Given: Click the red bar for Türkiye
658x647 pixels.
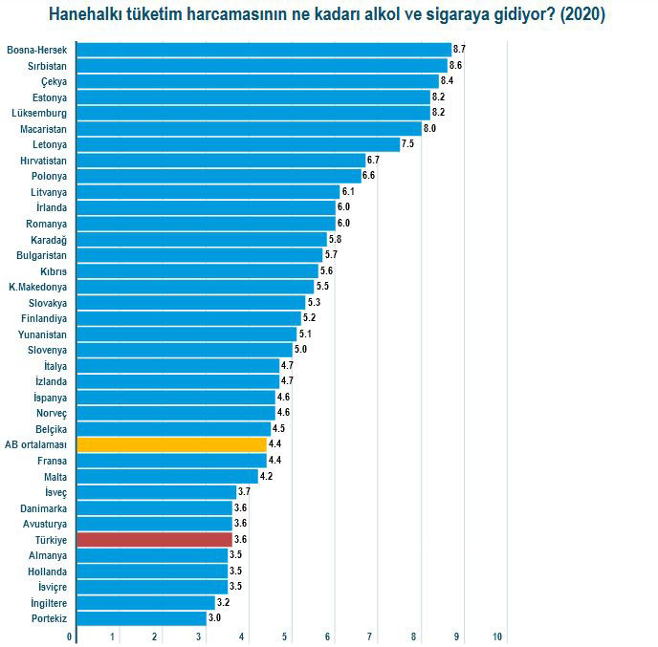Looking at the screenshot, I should pyautogui.click(x=153, y=539).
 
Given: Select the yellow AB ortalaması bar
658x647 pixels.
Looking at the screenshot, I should pyautogui.click(x=171, y=444).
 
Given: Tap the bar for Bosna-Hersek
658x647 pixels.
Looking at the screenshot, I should pyautogui.click(x=262, y=49).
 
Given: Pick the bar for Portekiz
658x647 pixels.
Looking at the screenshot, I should pyautogui.click(x=141, y=618).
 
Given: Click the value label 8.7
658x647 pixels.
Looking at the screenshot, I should pyautogui.click(x=459, y=49).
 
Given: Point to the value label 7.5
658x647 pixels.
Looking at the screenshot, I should pyautogui.click(x=407, y=143).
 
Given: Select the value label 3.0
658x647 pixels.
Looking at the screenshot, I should pyautogui.click(x=214, y=618).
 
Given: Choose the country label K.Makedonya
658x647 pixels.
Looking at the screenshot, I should pyautogui.click(x=37, y=287).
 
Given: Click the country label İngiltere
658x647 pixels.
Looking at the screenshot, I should pyautogui.click(x=43, y=603).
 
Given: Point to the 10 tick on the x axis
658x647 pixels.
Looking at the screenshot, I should pyautogui.click(x=498, y=636).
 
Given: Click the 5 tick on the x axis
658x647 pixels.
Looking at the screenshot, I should pyautogui.click(x=285, y=636).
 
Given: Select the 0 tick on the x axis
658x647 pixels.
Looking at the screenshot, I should pyautogui.click(x=69, y=636).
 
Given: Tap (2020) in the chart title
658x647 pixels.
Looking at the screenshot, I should pyautogui.click(x=583, y=15).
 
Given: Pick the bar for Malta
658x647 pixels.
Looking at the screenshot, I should pyautogui.click(x=166, y=476).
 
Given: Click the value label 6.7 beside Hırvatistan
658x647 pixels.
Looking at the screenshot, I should pyautogui.click(x=373, y=160).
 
